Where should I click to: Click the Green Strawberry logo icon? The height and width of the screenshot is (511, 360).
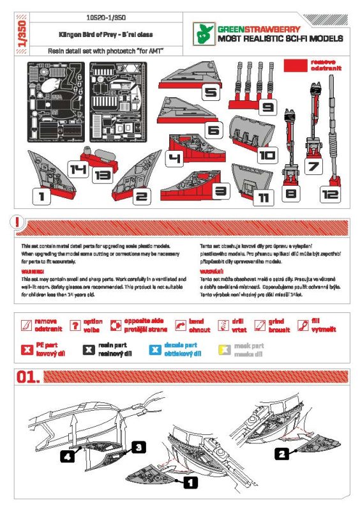click(x=206, y=33)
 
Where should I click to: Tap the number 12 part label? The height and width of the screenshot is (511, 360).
click(x=331, y=194)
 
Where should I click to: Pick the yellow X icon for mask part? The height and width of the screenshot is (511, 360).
click(x=221, y=349)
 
